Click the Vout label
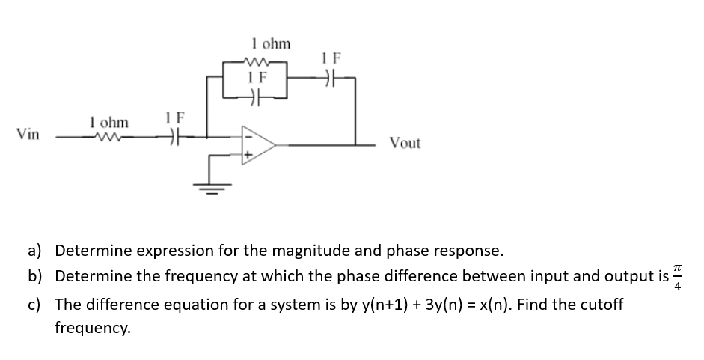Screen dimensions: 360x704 (404, 143)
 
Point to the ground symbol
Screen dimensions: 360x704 (210, 189)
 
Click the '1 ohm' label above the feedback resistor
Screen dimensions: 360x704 (271, 44)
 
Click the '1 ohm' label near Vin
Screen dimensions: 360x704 (108, 121)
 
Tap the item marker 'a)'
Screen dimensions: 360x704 (36, 249)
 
